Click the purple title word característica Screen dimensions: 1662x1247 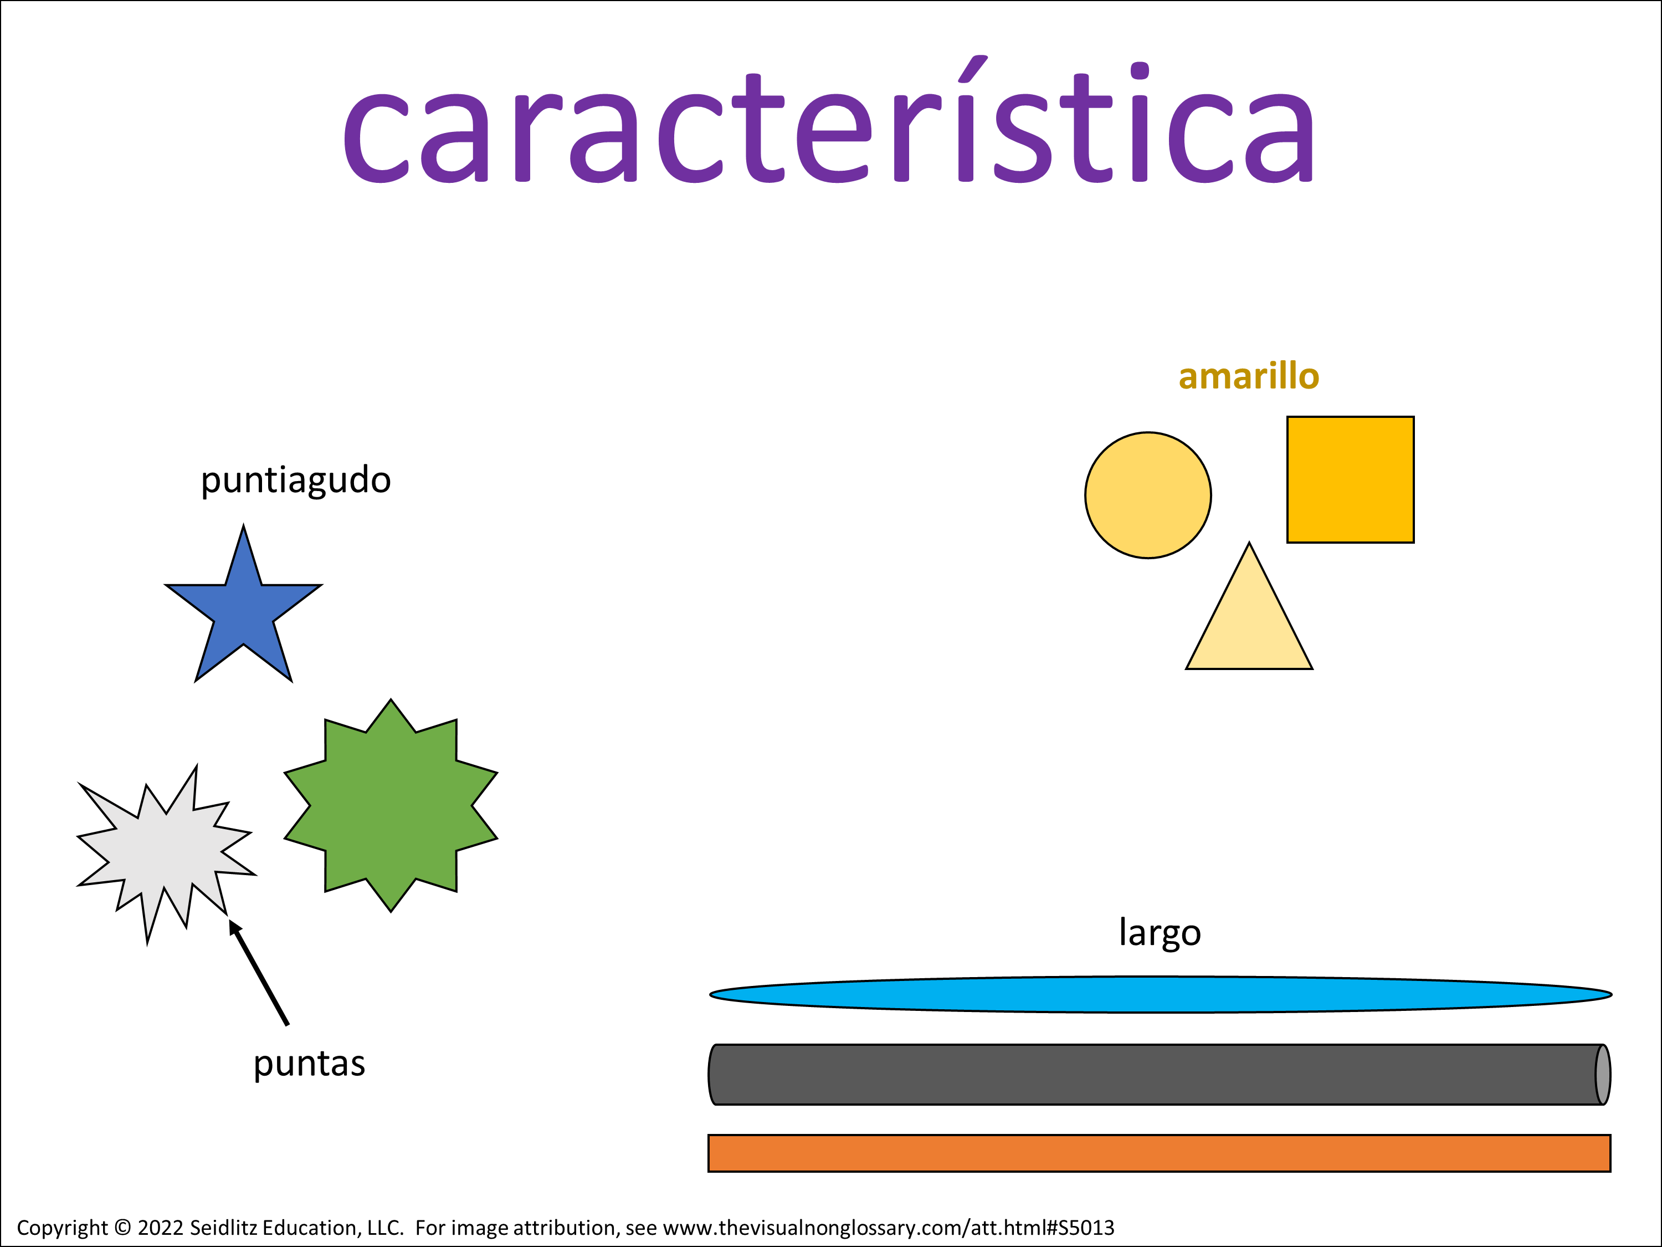click(828, 120)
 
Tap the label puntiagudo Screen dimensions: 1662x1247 click(295, 481)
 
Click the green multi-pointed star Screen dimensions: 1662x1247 click(391, 805)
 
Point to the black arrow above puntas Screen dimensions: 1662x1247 click(259, 972)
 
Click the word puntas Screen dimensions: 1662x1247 click(309, 1064)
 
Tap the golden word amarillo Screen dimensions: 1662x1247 click(1249, 376)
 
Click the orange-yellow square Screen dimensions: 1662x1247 click(1350, 479)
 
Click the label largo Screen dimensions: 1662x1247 click(1160, 933)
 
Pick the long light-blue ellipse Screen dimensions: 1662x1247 click(1161, 994)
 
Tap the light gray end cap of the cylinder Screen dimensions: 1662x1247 click(1603, 1074)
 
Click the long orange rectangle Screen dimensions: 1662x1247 click(1160, 1153)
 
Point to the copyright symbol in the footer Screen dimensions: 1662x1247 click(122, 1228)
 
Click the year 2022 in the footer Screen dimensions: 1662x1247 click(160, 1228)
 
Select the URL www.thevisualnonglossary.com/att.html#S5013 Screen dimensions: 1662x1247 click(889, 1228)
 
